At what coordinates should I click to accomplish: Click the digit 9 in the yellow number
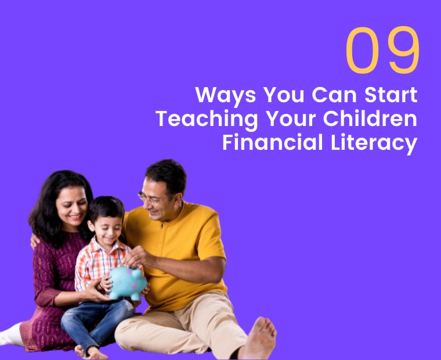(403, 51)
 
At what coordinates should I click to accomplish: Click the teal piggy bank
(128, 283)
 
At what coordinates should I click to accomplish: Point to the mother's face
(71, 207)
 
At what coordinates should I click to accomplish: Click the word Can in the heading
(330, 95)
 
